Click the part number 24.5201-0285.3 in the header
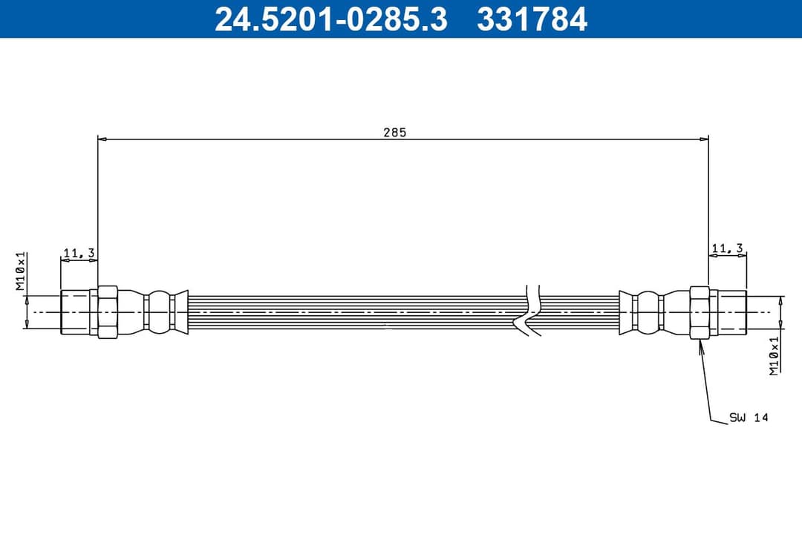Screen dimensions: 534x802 click(x=330, y=19)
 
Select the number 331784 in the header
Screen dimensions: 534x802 click(x=532, y=19)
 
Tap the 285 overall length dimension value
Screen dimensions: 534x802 click(x=394, y=133)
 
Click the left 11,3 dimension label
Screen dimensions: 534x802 click(x=79, y=254)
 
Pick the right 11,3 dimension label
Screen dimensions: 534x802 click(x=727, y=248)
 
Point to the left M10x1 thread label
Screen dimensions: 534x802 click(x=22, y=271)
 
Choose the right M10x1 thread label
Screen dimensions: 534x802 click(x=775, y=355)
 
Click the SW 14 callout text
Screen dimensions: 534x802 click(x=749, y=418)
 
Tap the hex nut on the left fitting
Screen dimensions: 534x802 click(x=108, y=312)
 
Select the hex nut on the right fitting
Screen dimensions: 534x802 click(x=700, y=312)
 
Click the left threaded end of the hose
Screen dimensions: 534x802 click(x=75, y=312)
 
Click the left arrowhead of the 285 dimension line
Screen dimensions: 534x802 click(x=102, y=139)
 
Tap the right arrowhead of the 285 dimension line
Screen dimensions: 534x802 click(x=704, y=139)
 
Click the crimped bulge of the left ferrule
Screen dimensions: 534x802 click(x=157, y=312)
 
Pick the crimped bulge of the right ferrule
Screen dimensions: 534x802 click(x=648, y=312)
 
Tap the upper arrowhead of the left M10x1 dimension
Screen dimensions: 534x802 click(x=27, y=298)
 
